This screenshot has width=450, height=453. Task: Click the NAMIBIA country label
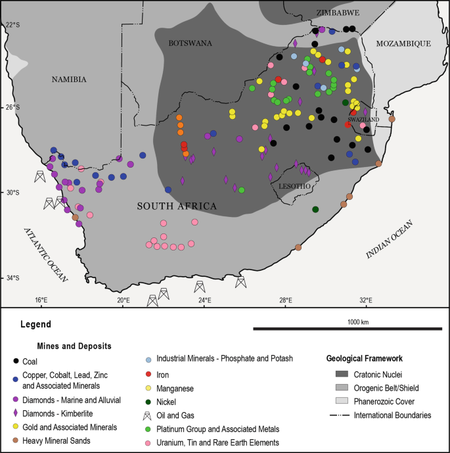[69, 80]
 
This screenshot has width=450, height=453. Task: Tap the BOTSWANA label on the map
[190, 43]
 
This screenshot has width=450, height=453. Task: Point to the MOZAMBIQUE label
[403, 43]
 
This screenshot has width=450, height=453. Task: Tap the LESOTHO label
[294, 186]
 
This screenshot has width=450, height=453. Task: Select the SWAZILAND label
[364, 120]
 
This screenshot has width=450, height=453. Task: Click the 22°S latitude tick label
[13, 25]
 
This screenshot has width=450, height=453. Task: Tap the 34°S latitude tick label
[13, 278]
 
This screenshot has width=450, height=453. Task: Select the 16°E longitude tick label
[41, 300]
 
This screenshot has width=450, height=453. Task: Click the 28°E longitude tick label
[286, 300]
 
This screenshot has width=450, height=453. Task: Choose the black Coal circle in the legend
[16, 360]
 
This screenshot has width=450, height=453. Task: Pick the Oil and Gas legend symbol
[148, 416]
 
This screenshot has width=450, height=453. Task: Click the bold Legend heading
[35, 324]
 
